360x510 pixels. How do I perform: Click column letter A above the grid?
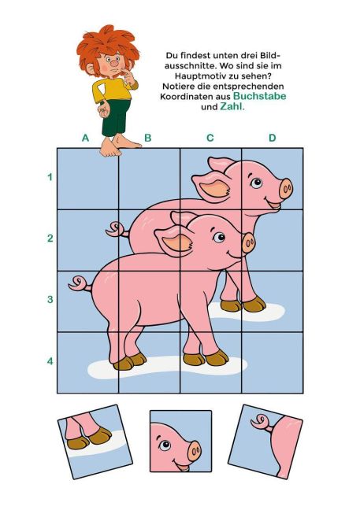click(85, 138)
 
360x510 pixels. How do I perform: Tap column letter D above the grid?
click(272, 138)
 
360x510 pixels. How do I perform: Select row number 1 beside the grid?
click(50, 177)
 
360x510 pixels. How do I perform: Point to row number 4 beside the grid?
click(50, 361)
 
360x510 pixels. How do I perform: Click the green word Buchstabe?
click(260, 96)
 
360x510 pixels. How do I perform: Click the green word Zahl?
click(232, 106)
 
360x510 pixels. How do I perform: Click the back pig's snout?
click(286, 189)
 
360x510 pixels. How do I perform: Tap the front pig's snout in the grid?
click(249, 242)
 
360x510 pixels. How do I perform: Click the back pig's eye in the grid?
click(256, 183)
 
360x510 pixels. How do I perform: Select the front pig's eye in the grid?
click(219, 237)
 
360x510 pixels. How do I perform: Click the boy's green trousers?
click(115, 118)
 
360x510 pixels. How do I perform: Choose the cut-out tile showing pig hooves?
click(95, 442)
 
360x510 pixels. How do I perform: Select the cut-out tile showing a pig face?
click(180, 441)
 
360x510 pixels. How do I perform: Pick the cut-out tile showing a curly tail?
click(265, 442)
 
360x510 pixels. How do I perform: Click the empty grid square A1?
click(88, 179)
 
